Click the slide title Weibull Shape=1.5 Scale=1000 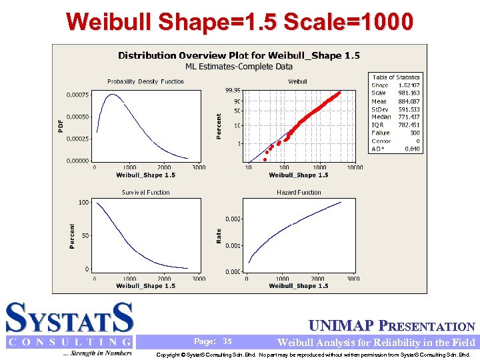coord(239,21)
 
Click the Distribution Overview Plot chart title coord(239,55)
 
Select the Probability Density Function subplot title coord(145,81)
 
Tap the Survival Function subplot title coord(145,192)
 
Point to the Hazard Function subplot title coord(299,192)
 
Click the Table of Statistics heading coord(396,77)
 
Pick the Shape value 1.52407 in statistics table coord(409,85)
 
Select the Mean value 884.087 coord(409,101)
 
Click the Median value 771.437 coord(409,117)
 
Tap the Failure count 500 coord(414,133)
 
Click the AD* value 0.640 coord(413,149)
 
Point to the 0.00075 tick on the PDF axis coord(77,95)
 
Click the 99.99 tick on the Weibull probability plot coord(233,90)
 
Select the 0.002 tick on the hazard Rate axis coord(233,219)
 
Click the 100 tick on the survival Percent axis coord(83,202)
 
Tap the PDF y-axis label coord(61,125)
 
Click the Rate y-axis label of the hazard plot coord(218,235)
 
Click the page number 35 coord(227,341)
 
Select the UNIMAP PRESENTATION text coord(392,327)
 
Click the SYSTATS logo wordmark coord(70,318)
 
